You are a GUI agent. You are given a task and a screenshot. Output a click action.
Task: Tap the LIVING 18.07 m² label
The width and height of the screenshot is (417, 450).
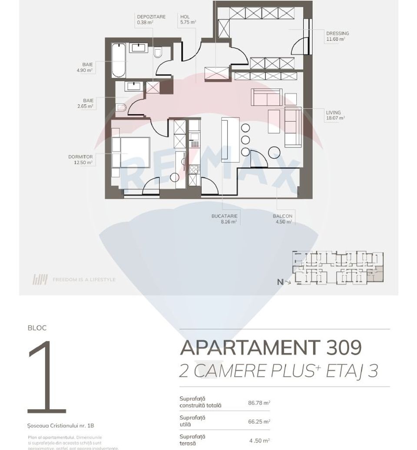334,115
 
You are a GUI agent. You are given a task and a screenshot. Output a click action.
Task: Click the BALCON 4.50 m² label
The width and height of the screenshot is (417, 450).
282,218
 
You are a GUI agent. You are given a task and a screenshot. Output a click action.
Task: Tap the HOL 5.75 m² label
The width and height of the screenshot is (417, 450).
188,19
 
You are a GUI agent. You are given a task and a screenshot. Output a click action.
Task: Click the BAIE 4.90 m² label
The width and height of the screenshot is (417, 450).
87,67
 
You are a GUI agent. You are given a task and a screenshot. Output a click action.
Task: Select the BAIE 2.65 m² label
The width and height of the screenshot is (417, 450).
87,103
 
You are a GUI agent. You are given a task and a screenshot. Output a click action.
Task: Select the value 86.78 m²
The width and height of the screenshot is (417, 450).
259,403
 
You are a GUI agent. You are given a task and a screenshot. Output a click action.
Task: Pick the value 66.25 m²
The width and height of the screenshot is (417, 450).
259,421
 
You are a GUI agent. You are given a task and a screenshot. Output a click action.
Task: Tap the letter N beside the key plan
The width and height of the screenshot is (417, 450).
280,282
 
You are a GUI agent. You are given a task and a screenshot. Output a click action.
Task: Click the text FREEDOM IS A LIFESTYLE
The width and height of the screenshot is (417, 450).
84,279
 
